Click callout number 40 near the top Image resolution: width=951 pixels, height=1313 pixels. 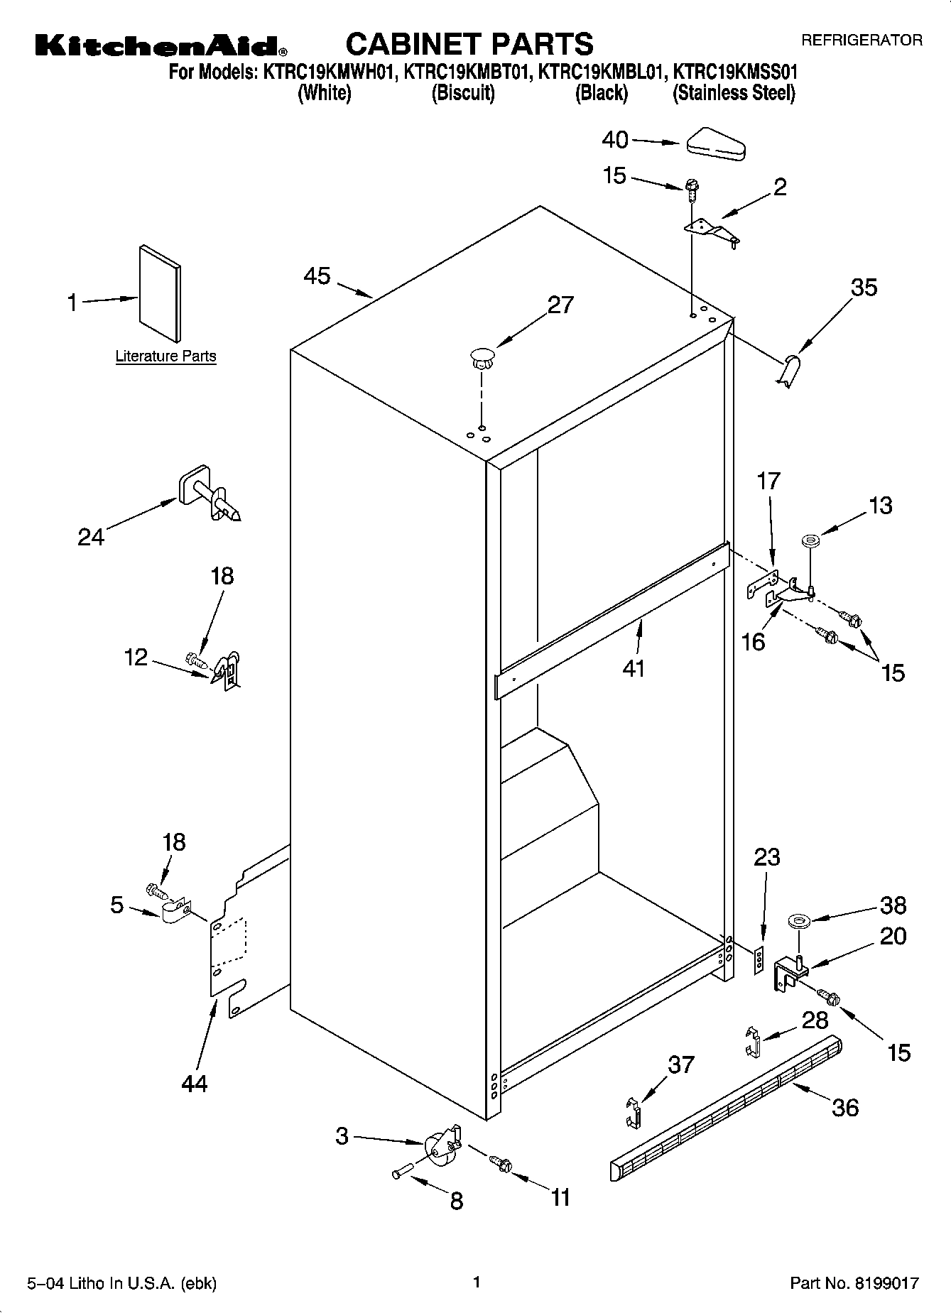(x=615, y=140)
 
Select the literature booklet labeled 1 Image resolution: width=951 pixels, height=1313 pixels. (x=161, y=294)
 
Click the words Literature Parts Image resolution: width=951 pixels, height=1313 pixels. (x=165, y=356)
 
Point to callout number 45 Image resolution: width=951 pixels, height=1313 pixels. (x=317, y=276)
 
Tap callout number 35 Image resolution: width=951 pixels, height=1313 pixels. (x=864, y=288)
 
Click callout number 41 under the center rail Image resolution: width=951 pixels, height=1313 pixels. (x=633, y=668)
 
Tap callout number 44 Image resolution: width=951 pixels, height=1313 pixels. (x=194, y=1083)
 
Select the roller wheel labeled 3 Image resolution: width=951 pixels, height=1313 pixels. (x=440, y=1147)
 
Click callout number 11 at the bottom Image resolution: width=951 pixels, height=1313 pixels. (x=560, y=1198)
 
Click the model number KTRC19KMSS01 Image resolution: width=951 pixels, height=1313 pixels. (x=735, y=72)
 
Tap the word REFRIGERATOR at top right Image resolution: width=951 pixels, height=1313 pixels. (x=862, y=40)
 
